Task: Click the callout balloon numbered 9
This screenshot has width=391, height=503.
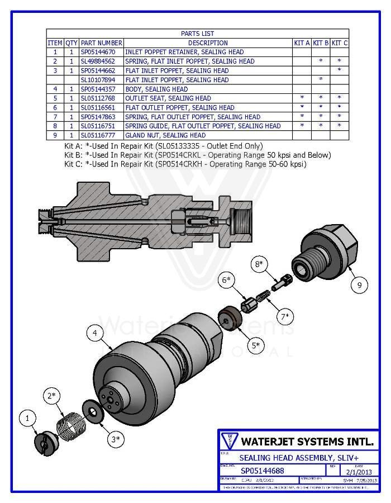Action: click(x=359, y=284)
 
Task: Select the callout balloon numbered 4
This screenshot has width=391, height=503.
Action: click(x=96, y=333)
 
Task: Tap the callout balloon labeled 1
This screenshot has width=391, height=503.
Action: click(x=27, y=417)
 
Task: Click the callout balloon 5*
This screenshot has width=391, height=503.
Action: click(x=255, y=346)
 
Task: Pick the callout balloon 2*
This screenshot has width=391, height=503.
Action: click(x=52, y=396)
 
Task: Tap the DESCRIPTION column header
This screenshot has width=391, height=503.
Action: click(x=208, y=42)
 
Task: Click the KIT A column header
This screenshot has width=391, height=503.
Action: click(x=302, y=42)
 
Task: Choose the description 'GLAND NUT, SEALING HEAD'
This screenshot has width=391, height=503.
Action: click(x=165, y=135)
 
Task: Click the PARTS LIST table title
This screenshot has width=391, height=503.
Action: click(x=197, y=34)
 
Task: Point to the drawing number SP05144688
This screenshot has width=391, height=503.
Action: click(x=263, y=471)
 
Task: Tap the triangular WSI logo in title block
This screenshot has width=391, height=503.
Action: click(x=229, y=439)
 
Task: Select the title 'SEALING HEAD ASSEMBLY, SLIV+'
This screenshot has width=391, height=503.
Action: click(x=296, y=457)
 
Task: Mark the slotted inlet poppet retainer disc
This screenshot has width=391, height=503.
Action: click(x=43, y=443)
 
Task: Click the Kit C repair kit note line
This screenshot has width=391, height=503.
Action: click(x=185, y=164)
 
